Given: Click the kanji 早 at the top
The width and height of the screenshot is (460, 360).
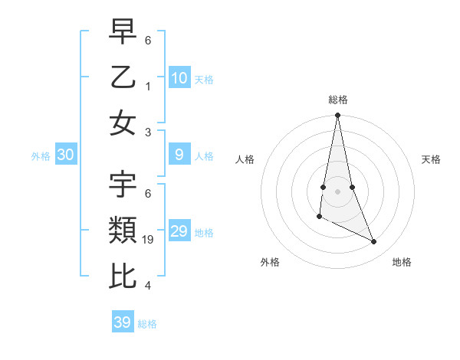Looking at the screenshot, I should click(x=123, y=31).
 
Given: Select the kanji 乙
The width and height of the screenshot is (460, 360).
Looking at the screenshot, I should click(x=123, y=77).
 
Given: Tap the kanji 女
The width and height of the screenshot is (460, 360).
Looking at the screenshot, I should click(x=123, y=123).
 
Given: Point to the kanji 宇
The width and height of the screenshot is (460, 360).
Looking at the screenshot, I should click(x=123, y=185).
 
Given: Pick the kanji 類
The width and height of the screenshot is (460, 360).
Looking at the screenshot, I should click(x=123, y=230).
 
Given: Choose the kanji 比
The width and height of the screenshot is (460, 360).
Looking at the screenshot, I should click(x=123, y=276).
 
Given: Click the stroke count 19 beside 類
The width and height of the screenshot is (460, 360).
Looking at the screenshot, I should click(x=149, y=241).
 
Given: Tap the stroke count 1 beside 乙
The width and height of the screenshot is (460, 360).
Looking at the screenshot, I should click(x=148, y=86).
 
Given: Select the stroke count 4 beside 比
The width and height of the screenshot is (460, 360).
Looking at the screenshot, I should click(x=148, y=286).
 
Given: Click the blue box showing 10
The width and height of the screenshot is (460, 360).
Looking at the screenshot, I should click(x=179, y=77).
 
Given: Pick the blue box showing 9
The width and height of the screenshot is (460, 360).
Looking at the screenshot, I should click(x=179, y=155).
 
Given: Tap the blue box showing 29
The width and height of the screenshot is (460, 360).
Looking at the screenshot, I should click(x=179, y=231).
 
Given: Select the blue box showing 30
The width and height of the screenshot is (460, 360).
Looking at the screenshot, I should click(x=66, y=155).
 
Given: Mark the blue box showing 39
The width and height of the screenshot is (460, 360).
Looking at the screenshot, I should click(x=123, y=322).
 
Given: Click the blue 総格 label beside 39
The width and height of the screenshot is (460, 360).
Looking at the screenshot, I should click(x=147, y=324).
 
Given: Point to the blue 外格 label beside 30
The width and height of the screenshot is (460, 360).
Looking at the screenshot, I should click(x=41, y=156).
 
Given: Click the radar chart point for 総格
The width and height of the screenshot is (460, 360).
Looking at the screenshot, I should click(x=337, y=116).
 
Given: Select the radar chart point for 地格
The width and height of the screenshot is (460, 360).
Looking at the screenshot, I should click(x=374, y=242).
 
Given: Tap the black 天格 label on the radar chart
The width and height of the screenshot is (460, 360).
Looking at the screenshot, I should click(x=432, y=159).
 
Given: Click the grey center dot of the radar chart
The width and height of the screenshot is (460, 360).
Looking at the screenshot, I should click(x=337, y=191).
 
